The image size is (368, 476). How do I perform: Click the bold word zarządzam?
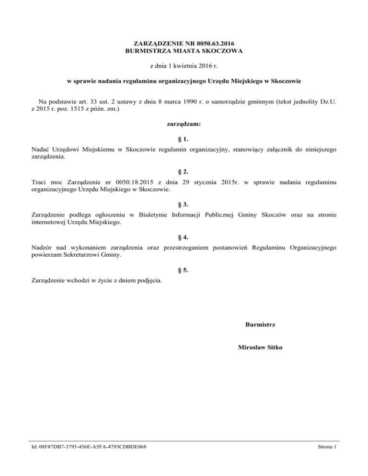[x=184, y=124]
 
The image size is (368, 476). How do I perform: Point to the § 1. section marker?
[x=184, y=138]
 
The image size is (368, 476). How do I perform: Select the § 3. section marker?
[x=184, y=204]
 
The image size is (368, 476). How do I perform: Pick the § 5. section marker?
[x=184, y=270]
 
